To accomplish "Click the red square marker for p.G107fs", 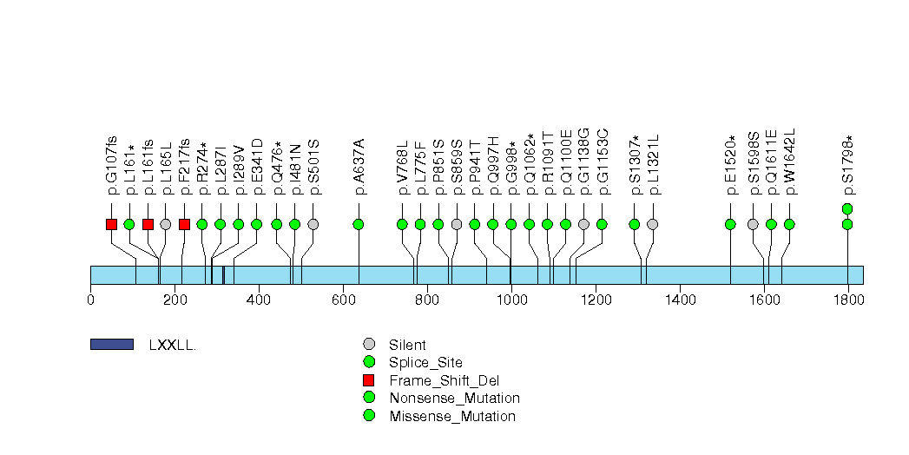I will click(111, 224).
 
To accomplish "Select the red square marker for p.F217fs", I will click(184, 224).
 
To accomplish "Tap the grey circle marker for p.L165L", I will click(166, 224).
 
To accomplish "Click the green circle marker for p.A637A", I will click(359, 224).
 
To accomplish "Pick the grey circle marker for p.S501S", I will click(313, 224).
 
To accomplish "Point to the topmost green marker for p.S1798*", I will click(847, 208).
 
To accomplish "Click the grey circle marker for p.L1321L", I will click(653, 224).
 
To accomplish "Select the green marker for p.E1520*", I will click(730, 224).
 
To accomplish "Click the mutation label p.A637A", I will click(359, 167).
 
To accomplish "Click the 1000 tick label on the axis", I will click(510, 300).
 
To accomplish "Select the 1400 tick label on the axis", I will click(679, 300).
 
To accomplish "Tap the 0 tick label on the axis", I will click(91, 300).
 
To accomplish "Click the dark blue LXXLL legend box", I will click(112, 345).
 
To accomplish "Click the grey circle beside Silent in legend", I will click(369, 345).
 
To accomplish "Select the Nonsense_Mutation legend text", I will click(455, 398).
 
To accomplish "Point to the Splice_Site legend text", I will click(426, 362).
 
